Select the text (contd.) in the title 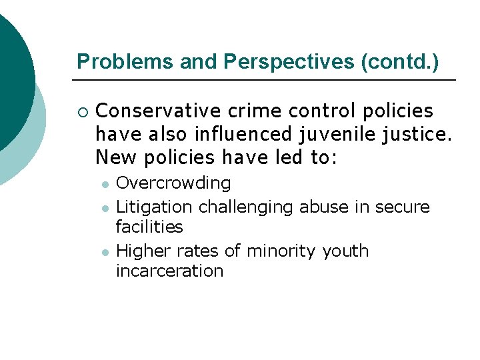pyautogui.click(x=399, y=62)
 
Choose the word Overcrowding pyautogui.click(x=173, y=183)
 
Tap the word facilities pyautogui.click(x=149, y=227)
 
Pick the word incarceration pyautogui.click(x=169, y=271)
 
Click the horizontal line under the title pyautogui.click(x=264, y=80)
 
